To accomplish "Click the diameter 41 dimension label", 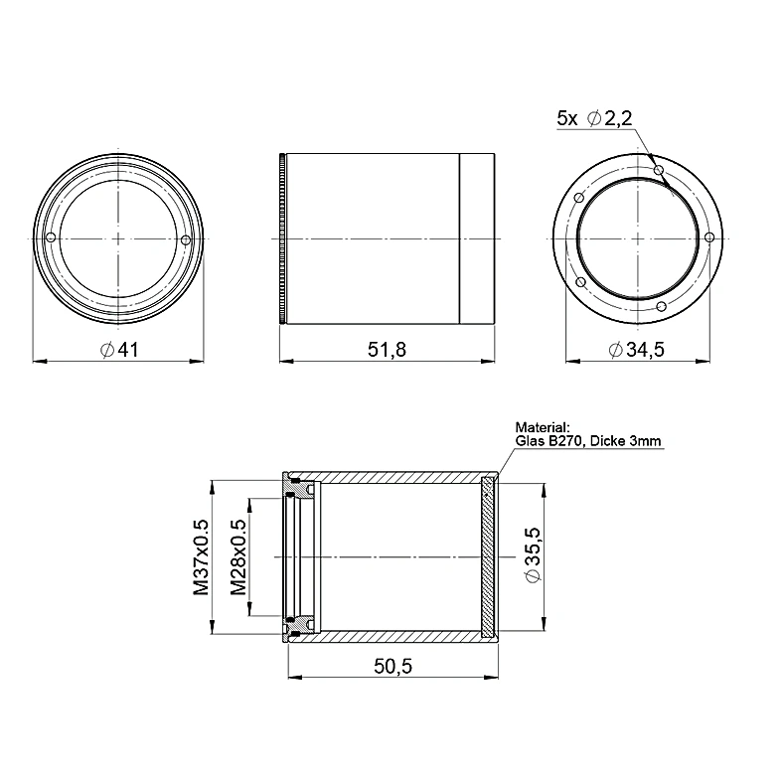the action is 119,350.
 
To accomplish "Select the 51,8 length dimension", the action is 387,350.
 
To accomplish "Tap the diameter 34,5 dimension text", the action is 637,350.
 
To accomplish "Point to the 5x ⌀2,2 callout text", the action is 594,118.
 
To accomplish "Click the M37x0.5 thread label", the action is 202,557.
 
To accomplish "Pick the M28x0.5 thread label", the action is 238,557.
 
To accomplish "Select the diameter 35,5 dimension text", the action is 533,554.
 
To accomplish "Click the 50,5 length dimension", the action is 393,666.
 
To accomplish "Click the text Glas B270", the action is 549,441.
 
